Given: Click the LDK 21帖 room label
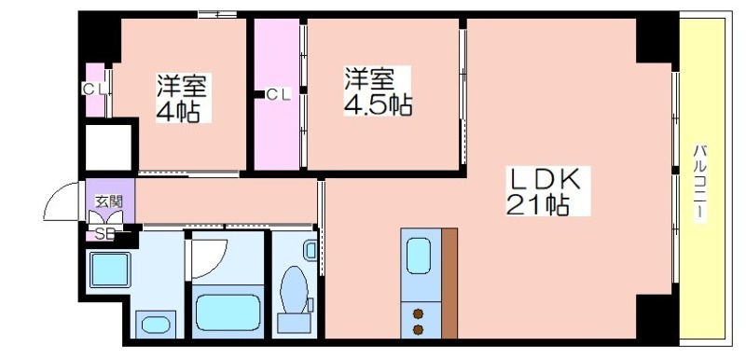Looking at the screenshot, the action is pyautogui.click(x=547, y=191).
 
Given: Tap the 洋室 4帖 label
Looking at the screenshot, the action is pyautogui.click(x=184, y=98).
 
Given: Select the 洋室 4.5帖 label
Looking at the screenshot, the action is pyautogui.click(x=378, y=91).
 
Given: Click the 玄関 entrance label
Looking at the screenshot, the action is pyautogui.click(x=109, y=201).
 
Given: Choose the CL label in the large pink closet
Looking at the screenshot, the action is pyautogui.click(x=278, y=94).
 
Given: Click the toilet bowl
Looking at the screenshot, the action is pyautogui.click(x=294, y=290).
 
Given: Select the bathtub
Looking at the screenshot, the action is pyautogui.click(x=228, y=312).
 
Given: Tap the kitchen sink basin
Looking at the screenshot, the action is pyautogui.click(x=418, y=256).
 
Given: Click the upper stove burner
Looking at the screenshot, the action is pyautogui.click(x=418, y=313).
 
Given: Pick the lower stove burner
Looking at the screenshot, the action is pyautogui.click(x=418, y=329).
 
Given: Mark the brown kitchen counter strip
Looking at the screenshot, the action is pyautogui.click(x=449, y=284).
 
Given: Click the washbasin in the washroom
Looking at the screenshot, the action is pyautogui.click(x=156, y=325).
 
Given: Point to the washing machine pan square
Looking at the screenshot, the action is pyautogui.click(x=110, y=270).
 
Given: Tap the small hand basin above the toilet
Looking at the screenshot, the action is pyautogui.click(x=311, y=250).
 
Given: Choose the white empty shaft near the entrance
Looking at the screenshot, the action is pyautogui.click(x=108, y=147).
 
